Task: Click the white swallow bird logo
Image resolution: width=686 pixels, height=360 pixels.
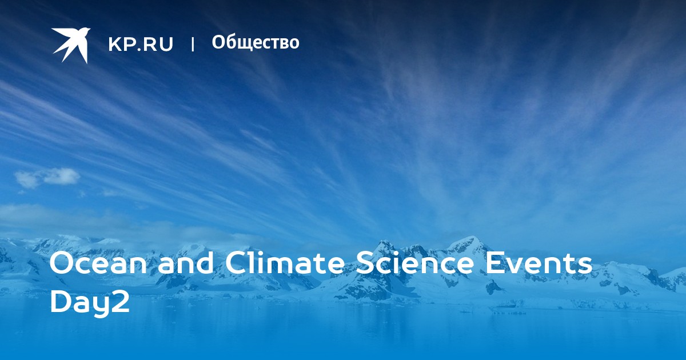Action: pyautogui.click(x=71, y=45)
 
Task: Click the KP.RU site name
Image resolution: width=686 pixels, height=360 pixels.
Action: pyautogui.click(x=141, y=44)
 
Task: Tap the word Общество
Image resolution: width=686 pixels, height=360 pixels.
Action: pyautogui.click(x=256, y=42)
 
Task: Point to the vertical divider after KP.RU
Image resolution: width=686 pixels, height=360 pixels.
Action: pyautogui.click(x=193, y=45)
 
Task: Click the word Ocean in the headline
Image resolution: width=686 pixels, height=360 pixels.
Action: pyautogui.click(x=98, y=263)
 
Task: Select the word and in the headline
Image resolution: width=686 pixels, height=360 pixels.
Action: pyautogui.click(x=185, y=263)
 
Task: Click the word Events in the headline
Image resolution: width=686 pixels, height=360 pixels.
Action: pyautogui.click(x=539, y=263)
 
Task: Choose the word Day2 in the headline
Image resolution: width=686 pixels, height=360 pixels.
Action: pyautogui.click(x=89, y=303)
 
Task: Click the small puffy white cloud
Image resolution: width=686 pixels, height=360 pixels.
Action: pyautogui.click(x=47, y=178)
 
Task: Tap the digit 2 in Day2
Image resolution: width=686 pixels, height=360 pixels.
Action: pyautogui.click(x=119, y=302)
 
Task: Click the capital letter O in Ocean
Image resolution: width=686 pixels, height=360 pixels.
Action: pyautogui.click(x=62, y=263)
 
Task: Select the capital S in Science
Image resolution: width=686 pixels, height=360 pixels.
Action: pyautogui.click(x=365, y=263)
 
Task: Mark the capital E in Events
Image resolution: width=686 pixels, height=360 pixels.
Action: pyautogui.click(x=494, y=263)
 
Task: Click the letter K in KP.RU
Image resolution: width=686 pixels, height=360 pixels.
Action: pyautogui.click(x=114, y=44)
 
